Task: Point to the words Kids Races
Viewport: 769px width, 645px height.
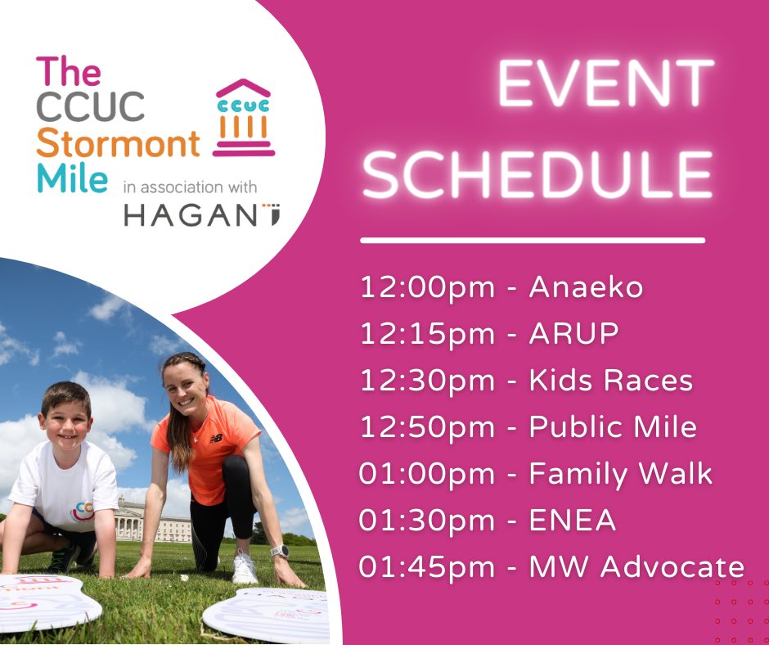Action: (611, 381)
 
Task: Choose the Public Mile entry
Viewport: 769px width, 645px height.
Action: (613, 427)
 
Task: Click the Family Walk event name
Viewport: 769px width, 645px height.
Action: (621, 473)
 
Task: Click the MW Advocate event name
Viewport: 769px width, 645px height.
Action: (636, 566)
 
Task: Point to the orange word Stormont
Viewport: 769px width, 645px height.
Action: (119, 143)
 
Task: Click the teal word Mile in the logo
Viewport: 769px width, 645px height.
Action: (71, 178)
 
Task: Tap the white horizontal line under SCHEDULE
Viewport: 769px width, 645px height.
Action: (533, 241)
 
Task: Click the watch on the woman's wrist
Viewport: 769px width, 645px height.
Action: (281, 550)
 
